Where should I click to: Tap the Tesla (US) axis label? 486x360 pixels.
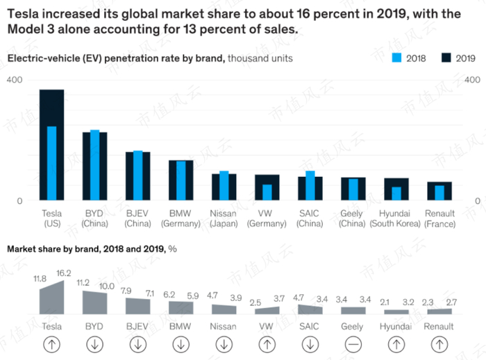51,218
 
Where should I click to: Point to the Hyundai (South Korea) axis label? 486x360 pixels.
396,218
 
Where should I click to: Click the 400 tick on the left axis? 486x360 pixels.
15,80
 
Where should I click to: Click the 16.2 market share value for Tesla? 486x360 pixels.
64,273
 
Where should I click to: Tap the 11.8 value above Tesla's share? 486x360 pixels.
40,279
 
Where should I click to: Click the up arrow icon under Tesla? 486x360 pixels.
51,343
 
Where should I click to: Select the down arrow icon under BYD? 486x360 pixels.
94,343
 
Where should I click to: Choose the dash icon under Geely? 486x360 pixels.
352,343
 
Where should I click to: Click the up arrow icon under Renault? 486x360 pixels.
439,343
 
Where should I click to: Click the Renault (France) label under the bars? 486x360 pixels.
439,218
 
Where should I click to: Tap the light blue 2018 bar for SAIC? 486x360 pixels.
310,185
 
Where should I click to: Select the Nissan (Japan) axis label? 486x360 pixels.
224,218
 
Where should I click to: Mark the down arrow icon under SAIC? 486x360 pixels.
310,343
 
